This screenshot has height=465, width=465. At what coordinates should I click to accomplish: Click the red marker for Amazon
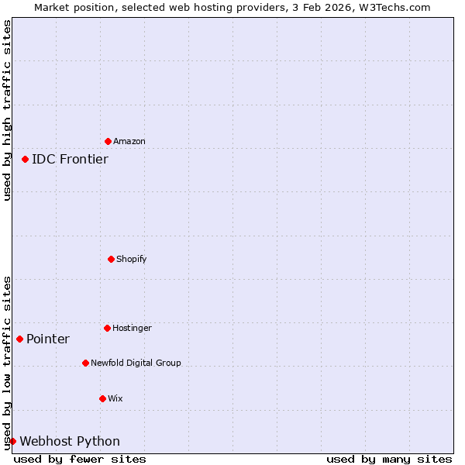click(x=108, y=141)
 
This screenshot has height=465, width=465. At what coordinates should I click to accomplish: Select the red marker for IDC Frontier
click(x=25, y=159)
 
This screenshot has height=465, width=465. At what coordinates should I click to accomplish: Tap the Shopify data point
click(x=111, y=259)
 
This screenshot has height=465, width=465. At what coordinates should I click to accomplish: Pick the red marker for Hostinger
click(x=107, y=328)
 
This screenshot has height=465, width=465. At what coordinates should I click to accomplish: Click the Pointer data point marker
click(x=19, y=339)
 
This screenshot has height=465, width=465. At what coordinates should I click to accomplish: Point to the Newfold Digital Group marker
click(x=85, y=363)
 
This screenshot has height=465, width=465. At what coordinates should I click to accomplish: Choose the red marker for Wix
click(x=102, y=398)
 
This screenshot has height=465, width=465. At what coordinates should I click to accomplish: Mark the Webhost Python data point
click(x=12, y=441)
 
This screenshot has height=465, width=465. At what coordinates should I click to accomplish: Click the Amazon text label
click(x=129, y=141)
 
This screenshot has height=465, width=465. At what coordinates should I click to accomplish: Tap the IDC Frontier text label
click(x=70, y=159)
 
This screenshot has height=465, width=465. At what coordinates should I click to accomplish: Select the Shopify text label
click(x=132, y=259)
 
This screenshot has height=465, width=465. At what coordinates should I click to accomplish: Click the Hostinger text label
click(x=132, y=328)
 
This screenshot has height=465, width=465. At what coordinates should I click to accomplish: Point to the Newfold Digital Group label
click(x=136, y=363)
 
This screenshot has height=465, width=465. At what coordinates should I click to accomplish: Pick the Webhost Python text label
click(x=70, y=441)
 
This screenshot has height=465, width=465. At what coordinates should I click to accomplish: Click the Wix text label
click(x=115, y=398)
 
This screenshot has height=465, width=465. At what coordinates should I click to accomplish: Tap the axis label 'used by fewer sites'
click(x=80, y=459)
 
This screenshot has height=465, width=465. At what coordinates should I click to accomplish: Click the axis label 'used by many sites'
click(x=389, y=459)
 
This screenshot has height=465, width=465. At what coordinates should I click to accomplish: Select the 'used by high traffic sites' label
click(x=7, y=110)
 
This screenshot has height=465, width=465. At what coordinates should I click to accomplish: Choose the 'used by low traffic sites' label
click(x=7, y=363)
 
